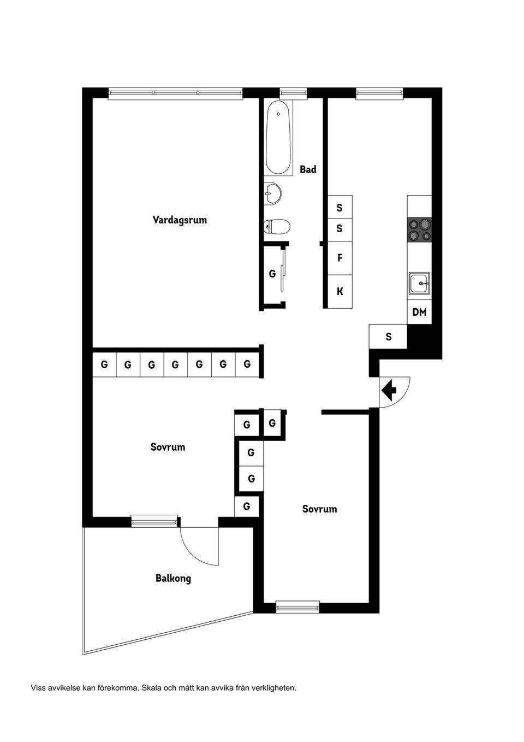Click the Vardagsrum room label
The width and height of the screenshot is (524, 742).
click(180, 220)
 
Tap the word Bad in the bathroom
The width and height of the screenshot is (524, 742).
click(308, 169)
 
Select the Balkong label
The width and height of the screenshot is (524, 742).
click(174, 579)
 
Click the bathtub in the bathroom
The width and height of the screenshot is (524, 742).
click(278, 138)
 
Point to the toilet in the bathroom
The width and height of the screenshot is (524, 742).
click(277, 227)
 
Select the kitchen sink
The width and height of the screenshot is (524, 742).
click(420, 284)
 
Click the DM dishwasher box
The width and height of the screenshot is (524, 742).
click(419, 312)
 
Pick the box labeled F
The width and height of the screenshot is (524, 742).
click(340, 258)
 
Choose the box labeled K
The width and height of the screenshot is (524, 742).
click(340, 292)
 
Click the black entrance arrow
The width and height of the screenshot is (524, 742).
click(389, 391)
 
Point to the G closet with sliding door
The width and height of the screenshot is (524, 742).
click(272, 274)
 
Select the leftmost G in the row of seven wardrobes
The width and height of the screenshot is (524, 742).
click(104, 364)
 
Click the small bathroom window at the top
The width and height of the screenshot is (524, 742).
click(293, 93)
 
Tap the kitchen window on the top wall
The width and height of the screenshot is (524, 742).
click(380, 93)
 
